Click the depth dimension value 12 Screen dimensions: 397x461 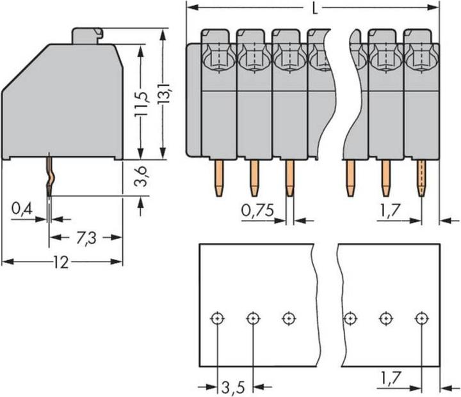61,262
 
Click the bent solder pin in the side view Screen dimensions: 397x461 49,179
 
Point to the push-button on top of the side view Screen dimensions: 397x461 87,35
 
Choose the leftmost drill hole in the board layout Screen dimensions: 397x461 218,318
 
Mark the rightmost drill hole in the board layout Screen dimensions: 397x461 421,318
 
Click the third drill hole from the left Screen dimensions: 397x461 289,318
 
